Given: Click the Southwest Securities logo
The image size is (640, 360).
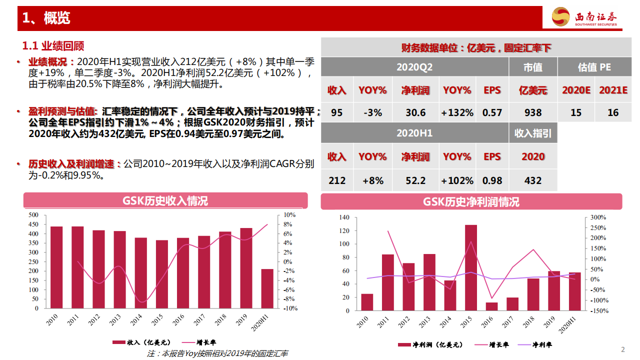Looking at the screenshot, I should coord(585,17).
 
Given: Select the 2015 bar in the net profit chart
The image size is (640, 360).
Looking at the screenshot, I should coord(471,267).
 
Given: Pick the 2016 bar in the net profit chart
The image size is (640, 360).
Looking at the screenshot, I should coord(491,306).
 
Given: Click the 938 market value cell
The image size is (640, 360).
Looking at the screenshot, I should coord(533,112).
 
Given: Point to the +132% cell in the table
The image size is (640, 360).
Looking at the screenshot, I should coord(457,112).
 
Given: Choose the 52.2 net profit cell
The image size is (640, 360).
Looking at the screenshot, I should coord(415,180).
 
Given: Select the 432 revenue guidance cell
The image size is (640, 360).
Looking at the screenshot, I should coord(533,180).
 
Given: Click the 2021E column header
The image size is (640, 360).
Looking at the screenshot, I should coord(613,90).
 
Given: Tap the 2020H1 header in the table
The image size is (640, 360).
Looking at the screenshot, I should coord(414,133).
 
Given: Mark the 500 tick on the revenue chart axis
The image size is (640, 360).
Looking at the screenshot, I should coord(33,215).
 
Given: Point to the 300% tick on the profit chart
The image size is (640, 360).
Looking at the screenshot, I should coord(598,217).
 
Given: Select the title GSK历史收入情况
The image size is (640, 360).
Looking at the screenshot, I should coord(165,201).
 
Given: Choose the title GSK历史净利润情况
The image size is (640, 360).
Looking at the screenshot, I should coord(471,201).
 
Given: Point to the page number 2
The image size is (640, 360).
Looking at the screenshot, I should coord(622,349).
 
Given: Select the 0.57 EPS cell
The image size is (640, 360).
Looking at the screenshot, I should coord(492,112).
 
